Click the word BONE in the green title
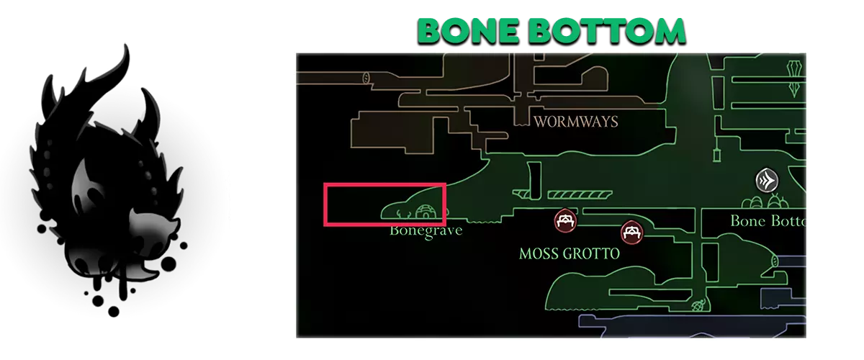point(459,31)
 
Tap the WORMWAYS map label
point(575,122)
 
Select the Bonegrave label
point(425,231)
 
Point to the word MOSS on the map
point(541,254)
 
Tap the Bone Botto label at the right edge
point(768,221)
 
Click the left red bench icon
point(565,220)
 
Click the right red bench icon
point(631,232)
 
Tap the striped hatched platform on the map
point(580,195)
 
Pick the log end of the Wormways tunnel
point(367,77)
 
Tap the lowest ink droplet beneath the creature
point(114,312)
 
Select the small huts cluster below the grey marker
point(765,202)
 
